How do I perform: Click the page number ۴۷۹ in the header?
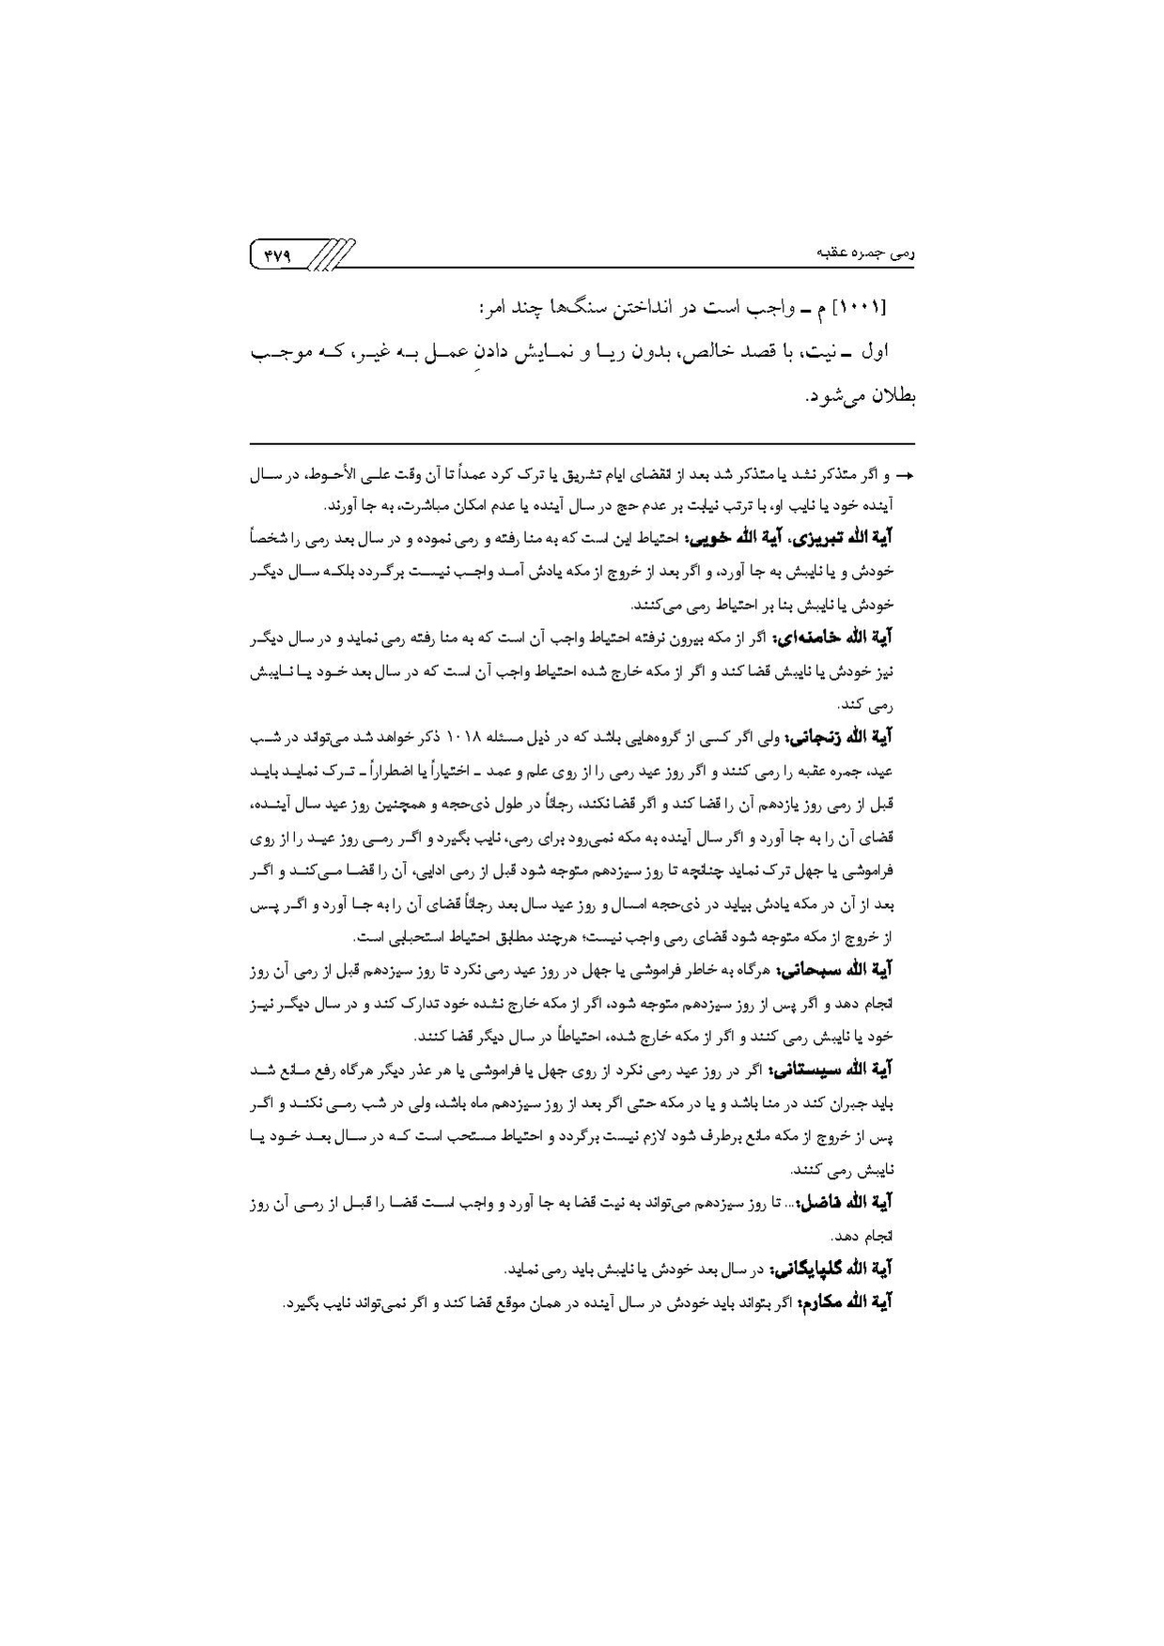coord(279,254)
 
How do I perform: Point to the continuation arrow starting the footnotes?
coord(906,477)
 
